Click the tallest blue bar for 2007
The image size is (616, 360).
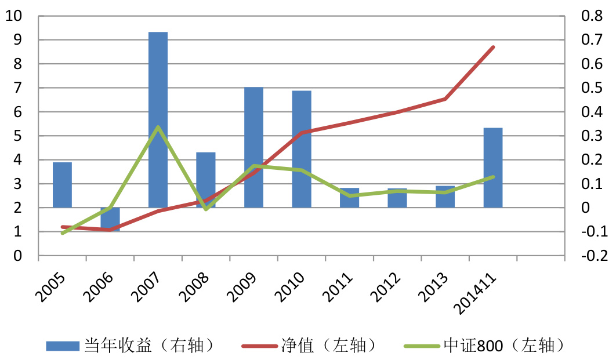point(158,119)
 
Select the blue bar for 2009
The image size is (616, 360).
point(253,147)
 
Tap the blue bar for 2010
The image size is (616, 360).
point(302,149)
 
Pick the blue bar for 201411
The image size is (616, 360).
point(493,168)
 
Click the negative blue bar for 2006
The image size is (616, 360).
point(110,219)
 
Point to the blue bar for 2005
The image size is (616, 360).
point(63,184)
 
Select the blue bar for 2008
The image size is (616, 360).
point(206,180)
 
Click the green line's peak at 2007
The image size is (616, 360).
point(158,127)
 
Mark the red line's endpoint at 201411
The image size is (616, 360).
point(493,47)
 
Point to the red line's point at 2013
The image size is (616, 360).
point(445,99)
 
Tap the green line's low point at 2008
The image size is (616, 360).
point(206,209)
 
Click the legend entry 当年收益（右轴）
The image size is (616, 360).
point(133,346)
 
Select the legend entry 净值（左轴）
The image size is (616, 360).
point(313,346)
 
